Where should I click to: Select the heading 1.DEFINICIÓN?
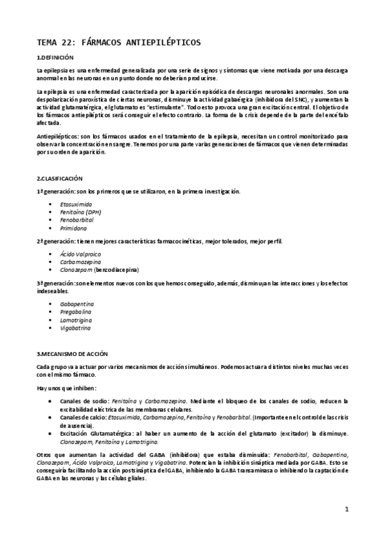(57, 58)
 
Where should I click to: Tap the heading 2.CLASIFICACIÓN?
(60, 177)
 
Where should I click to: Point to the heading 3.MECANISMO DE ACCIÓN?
(73, 354)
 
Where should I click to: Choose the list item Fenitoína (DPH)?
(81, 211)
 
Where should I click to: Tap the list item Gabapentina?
(77, 303)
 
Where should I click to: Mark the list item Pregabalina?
(76, 311)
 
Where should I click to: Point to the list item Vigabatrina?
(75, 328)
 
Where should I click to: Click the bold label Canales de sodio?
(85, 400)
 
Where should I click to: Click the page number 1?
(346, 510)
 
